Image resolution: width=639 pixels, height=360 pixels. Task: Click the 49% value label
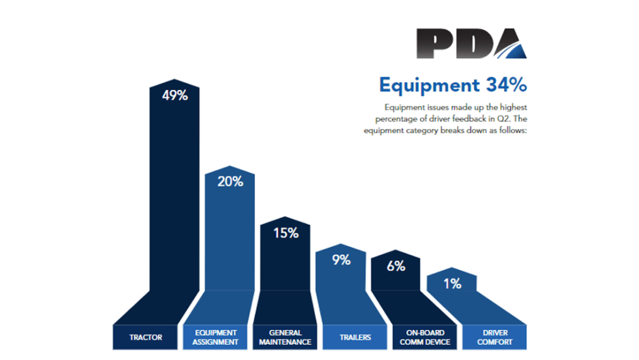[x=175, y=95]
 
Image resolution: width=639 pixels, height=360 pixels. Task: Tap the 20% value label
[x=230, y=181]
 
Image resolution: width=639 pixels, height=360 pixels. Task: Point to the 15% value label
[x=286, y=233]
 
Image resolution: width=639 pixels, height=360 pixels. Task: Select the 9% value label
[x=341, y=260]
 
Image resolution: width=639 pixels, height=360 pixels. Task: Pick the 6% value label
[x=396, y=266]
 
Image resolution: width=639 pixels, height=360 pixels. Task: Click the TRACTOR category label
[x=146, y=337]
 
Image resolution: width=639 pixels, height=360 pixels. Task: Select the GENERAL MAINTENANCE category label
[x=285, y=337]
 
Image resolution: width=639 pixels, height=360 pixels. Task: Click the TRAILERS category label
[x=355, y=337]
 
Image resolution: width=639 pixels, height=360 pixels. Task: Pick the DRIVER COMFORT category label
[x=494, y=337]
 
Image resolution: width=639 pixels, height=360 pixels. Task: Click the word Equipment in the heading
[x=421, y=85]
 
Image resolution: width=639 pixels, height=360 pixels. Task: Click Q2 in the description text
[x=494, y=119]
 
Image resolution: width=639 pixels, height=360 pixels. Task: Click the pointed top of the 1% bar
[x=451, y=267]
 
